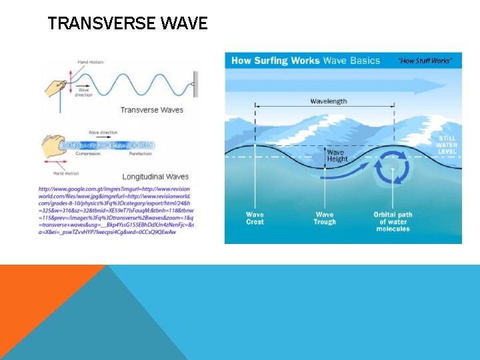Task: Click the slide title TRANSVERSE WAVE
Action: [x=128, y=25]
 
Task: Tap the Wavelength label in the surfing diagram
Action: [x=328, y=101]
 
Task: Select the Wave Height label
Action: [x=336, y=155]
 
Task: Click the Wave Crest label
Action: [x=255, y=218]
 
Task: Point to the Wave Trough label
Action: [x=325, y=218]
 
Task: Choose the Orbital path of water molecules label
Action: [x=393, y=221]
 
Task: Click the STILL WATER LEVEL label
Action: [x=447, y=145]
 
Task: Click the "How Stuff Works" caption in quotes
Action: [x=425, y=61]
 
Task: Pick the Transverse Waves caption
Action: [x=151, y=110]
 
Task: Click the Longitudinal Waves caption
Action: [x=155, y=177]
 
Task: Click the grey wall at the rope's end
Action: [x=195, y=85]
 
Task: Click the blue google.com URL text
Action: [x=116, y=210]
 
